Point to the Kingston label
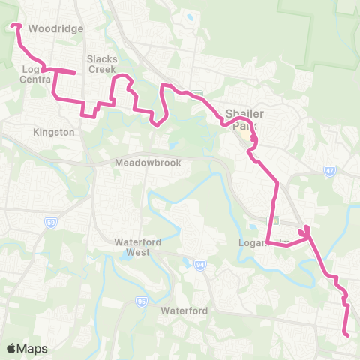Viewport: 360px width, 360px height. pyautogui.click(x=54, y=132)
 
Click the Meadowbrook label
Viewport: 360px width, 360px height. pyautogui.click(x=143, y=163)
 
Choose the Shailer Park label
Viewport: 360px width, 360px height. pyautogui.click(x=247, y=119)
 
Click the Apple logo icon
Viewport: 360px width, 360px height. pyautogui.click(x=11, y=348)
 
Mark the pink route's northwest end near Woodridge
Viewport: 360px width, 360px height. pyautogui.click(x=13, y=26)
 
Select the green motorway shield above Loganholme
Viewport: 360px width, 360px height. pyautogui.click(x=275, y=220)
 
